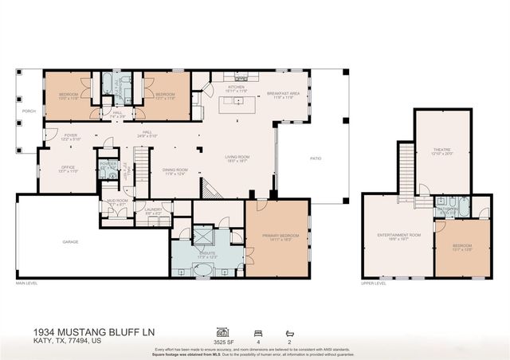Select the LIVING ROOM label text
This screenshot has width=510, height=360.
coord(238,158)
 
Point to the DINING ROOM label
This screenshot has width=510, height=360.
coord(175,170)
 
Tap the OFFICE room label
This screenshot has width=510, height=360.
coord(68,166)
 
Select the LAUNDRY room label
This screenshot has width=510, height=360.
coord(153,210)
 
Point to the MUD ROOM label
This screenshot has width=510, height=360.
coord(116,202)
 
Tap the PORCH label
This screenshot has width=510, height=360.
coord(29,112)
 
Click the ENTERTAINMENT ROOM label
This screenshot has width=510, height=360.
coord(398,235)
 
